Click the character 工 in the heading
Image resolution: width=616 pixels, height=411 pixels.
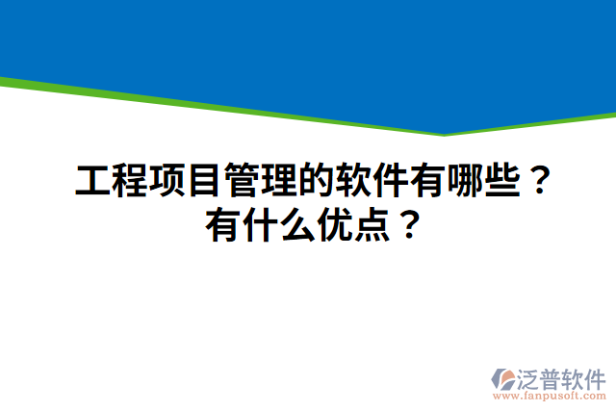(92, 180)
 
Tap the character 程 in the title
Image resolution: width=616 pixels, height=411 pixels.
(129, 180)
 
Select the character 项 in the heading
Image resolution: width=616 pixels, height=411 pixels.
(166, 180)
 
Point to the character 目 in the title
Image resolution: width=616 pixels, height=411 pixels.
(202, 180)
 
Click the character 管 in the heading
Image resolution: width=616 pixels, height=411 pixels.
(240, 180)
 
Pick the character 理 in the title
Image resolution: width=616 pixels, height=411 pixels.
(276, 180)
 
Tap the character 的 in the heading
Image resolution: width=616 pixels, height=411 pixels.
(313, 180)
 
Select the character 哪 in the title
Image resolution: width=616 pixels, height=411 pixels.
(460, 180)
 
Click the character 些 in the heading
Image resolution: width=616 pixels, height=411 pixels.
(498, 180)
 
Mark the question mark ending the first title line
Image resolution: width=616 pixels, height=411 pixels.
(540, 180)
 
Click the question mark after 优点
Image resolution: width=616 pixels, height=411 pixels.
(409, 227)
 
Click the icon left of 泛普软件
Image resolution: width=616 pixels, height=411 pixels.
(503, 377)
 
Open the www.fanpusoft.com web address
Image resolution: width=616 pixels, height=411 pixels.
(550, 395)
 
